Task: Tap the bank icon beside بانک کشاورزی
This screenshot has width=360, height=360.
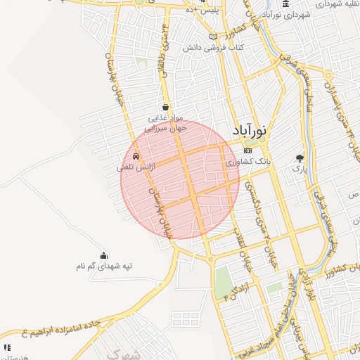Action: [247, 150]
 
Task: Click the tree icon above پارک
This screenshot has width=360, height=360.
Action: [300, 158]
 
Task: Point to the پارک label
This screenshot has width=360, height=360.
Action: [300, 169]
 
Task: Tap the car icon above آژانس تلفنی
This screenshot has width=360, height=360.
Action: [136, 156]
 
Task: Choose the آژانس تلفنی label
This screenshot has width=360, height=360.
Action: [134, 167]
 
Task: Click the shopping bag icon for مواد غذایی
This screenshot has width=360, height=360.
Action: [165, 108]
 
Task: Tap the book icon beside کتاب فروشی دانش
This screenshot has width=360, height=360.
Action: [214, 37]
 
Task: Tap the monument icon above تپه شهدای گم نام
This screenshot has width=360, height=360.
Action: [104, 255]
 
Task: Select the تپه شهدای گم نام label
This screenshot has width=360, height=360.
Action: [104, 266]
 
